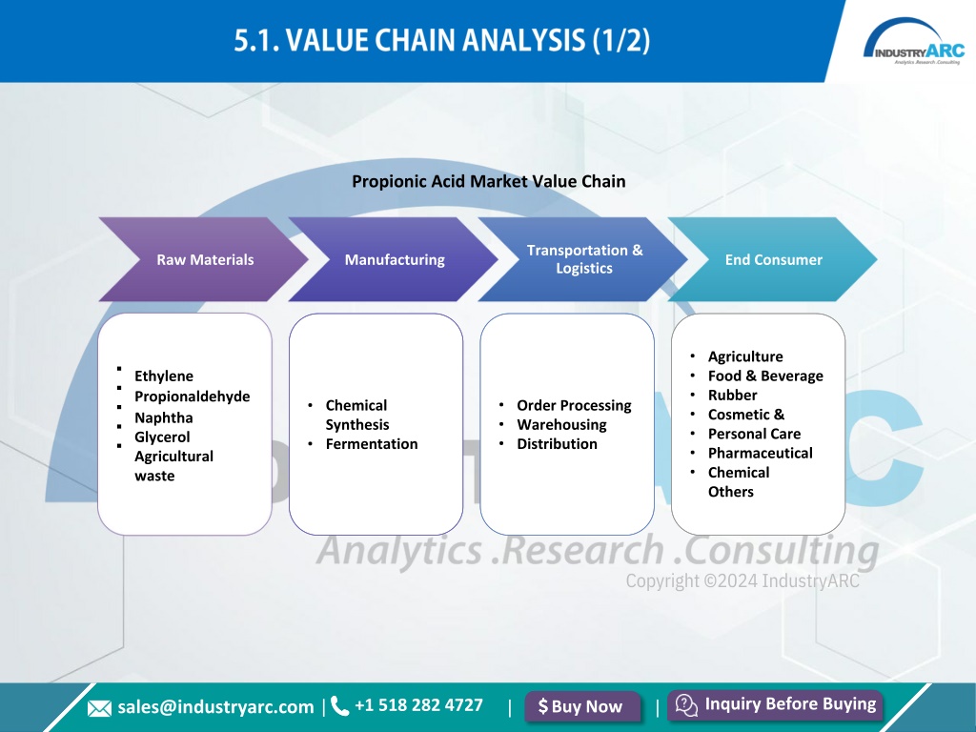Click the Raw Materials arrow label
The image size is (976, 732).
point(205,259)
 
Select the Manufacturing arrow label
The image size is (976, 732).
point(395,259)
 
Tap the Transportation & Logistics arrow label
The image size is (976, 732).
point(584,259)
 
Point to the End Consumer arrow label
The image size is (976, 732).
point(774,259)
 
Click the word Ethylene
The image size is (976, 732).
point(164,376)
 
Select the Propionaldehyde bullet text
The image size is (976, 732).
point(193,396)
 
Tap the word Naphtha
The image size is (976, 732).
point(164,417)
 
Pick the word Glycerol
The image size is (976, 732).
point(162,437)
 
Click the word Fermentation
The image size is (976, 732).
point(372,444)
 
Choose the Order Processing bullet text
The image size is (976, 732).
point(574,405)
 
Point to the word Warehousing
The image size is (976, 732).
point(561,424)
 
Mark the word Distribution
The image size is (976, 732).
point(557,444)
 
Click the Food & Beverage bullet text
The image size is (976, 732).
point(765,376)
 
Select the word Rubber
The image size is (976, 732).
point(733,396)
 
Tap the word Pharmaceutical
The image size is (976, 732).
point(760,453)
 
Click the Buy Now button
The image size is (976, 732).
point(582,706)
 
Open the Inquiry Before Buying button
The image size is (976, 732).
point(775,705)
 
